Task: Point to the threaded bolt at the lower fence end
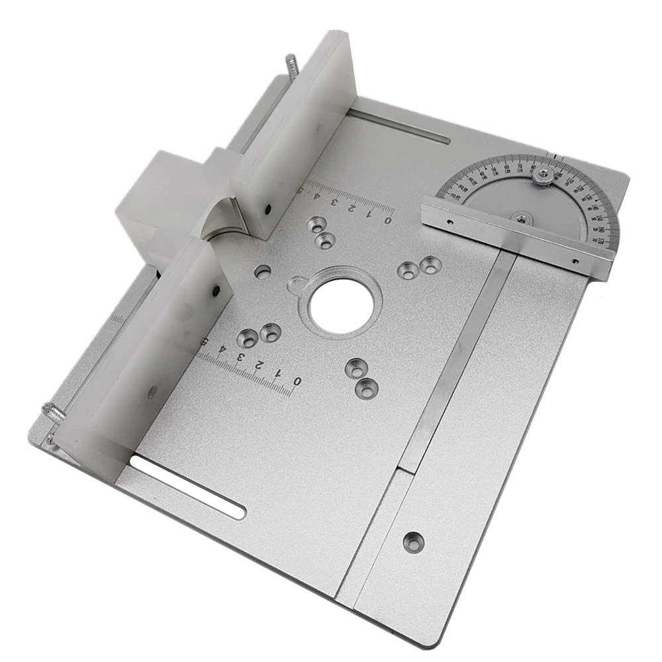point(53,413)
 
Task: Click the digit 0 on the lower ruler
point(297,382)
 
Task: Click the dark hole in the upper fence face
point(268,208)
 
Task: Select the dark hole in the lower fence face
point(215,289)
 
